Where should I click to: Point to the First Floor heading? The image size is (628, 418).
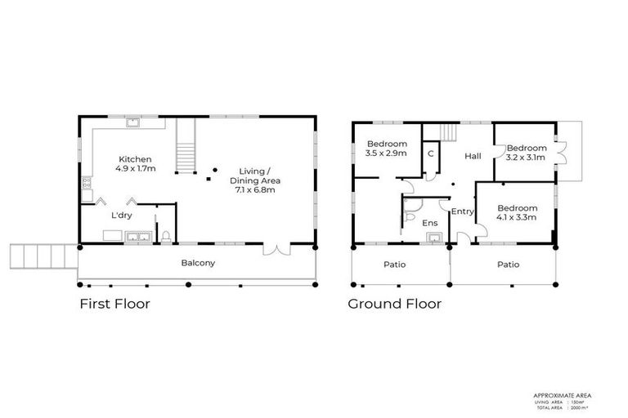coord(114,305)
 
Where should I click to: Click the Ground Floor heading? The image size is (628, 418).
coord(394,305)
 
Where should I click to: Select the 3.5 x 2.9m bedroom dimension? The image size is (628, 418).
coord(387,153)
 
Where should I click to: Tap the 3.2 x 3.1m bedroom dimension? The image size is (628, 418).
coord(526,158)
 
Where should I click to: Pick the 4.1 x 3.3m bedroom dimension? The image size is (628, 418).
coord(518,218)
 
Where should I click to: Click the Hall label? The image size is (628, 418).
coord(472,156)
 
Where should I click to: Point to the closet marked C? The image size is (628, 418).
coord(429,153)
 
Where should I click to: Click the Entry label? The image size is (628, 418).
coord(462,211)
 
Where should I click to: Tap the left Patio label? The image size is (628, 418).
coord(394,265)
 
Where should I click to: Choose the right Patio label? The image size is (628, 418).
coord(508,265)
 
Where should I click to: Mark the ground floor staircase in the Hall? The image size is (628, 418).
coord(449,132)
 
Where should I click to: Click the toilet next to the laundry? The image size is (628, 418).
coord(166,238)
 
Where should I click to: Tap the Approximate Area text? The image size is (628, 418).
coord(561,395)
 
